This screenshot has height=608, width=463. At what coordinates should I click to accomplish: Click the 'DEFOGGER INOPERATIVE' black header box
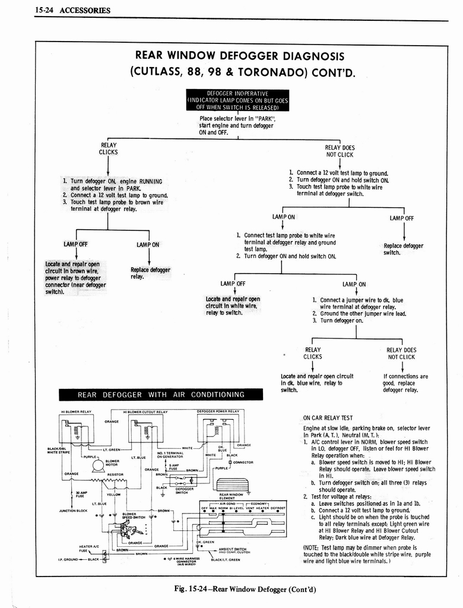coord(237,100)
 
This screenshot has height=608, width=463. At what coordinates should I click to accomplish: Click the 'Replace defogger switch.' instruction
coord(403,249)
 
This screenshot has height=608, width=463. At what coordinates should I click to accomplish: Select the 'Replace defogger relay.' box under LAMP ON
coord(150,273)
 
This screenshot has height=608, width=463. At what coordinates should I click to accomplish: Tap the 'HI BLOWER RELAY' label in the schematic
coord(76,411)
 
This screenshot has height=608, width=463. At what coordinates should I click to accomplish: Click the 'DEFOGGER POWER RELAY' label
coord(217,411)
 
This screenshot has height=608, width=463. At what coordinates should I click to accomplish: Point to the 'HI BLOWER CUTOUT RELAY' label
coord(145,411)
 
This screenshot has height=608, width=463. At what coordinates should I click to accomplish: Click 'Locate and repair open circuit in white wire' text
coord(232,306)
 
